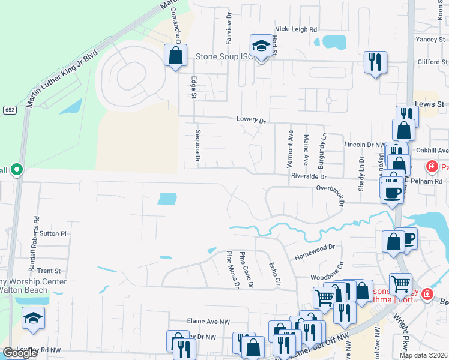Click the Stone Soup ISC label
[222, 58]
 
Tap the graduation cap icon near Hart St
[261, 46]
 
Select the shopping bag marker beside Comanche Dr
[175, 55]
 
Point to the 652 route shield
[9, 109]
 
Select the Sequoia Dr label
[197, 146]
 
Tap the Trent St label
[49, 271]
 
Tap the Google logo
[20, 353]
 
